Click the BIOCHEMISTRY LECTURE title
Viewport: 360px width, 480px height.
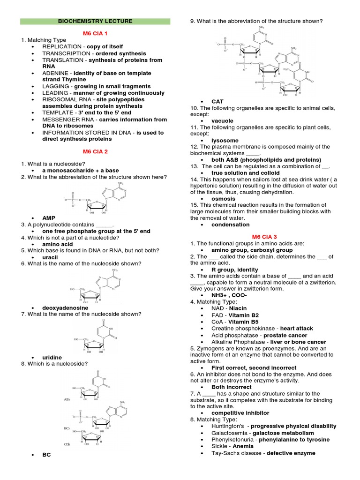click(x=95, y=21)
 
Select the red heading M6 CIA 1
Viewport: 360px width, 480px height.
click(x=95, y=34)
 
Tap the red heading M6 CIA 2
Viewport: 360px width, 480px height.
click(x=95, y=151)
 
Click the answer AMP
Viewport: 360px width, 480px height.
click(x=49, y=218)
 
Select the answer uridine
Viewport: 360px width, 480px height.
click(x=52, y=357)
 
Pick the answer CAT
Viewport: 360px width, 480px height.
click(x=217, y=101)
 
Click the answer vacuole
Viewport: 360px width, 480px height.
click(x=222, y=121)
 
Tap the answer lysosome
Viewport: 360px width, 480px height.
click(x=225, y=141)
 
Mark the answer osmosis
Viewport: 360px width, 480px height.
click(x=224, y=199)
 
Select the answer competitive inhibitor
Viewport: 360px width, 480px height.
click(x=240, y=413)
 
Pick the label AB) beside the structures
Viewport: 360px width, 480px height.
click(x=67, y=399)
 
